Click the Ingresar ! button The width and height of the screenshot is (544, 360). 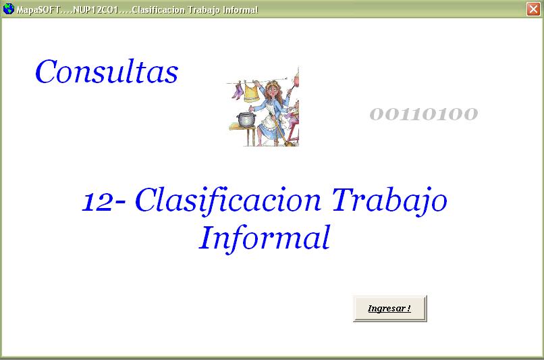point(389,309)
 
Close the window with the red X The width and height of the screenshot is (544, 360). point(533,9)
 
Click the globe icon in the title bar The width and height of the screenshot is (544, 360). point(8,9)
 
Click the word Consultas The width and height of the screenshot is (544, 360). point(107,72)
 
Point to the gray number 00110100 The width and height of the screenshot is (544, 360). point(424,114)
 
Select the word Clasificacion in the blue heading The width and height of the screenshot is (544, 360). point(228,200)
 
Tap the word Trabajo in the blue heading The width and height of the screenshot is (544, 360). point(389,200)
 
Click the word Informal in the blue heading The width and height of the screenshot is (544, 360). point(265,238)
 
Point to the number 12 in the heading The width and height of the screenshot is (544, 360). point(97,201)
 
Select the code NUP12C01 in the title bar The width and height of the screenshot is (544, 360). point(96,9)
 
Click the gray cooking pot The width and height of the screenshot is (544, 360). point(246,119)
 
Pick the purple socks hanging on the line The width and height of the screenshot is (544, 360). point(237,91)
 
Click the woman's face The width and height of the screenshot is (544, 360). point(274,91)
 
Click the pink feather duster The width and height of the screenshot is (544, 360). point(296,79)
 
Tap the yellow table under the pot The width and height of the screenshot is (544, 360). point(244,134)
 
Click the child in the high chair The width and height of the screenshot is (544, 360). point(293,115)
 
